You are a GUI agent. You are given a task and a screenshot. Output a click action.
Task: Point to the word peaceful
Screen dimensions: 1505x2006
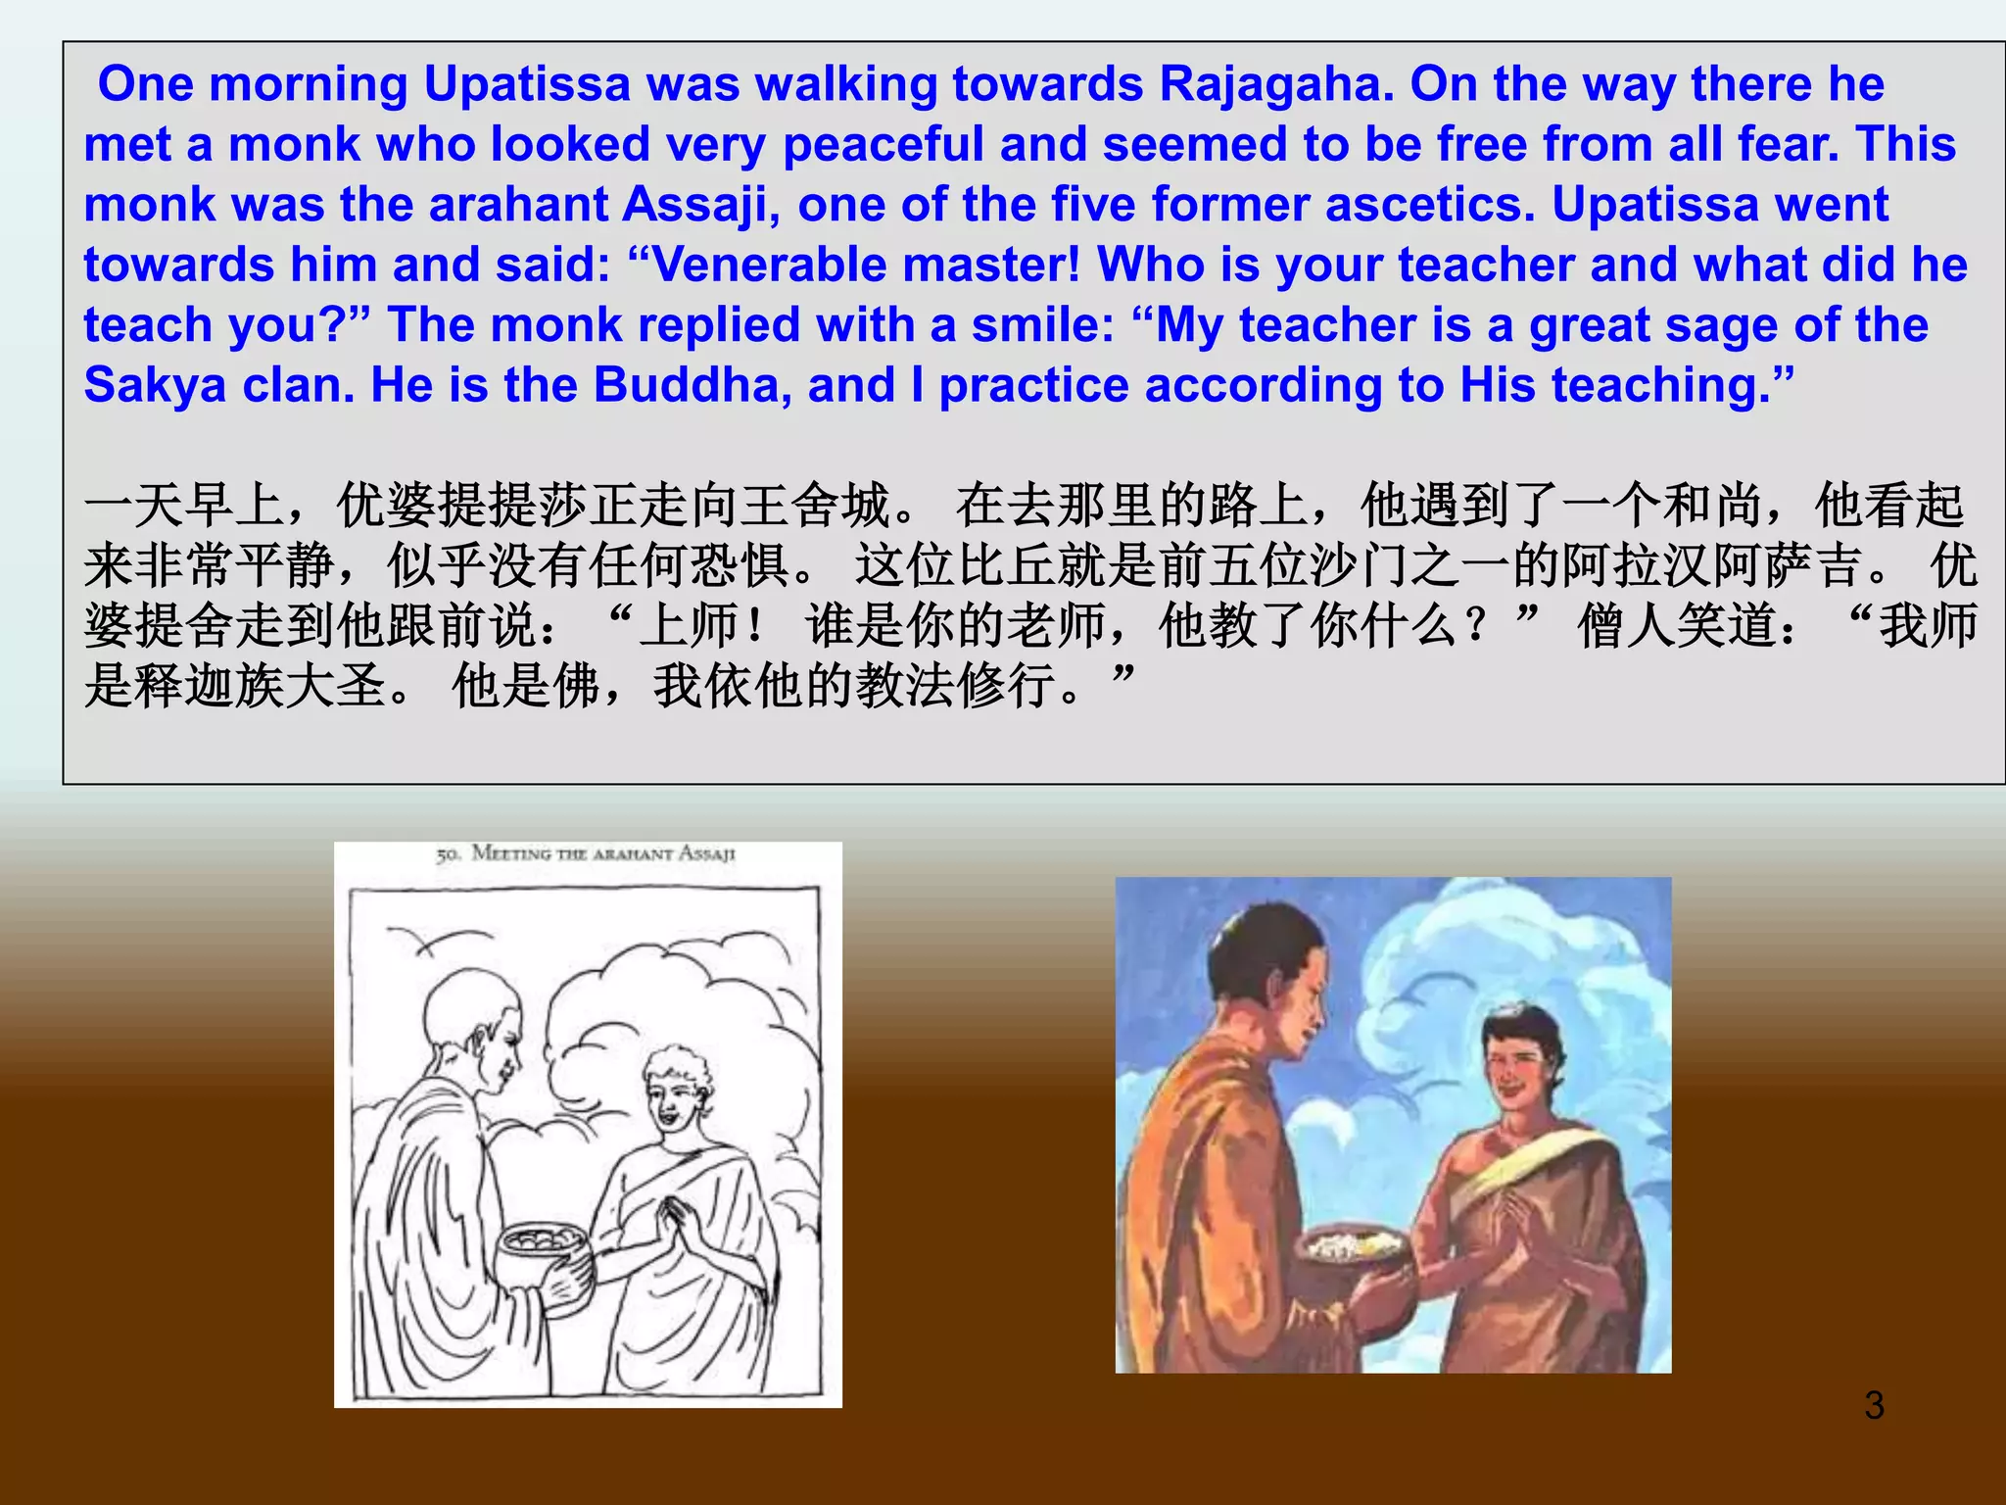[883, 145]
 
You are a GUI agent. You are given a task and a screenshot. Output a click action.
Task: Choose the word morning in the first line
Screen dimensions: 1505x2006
[309, 84]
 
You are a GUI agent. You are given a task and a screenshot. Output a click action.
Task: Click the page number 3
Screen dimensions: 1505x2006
[1874, 1405]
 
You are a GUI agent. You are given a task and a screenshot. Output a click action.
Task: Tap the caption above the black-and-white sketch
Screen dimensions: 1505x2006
[586, 854]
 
